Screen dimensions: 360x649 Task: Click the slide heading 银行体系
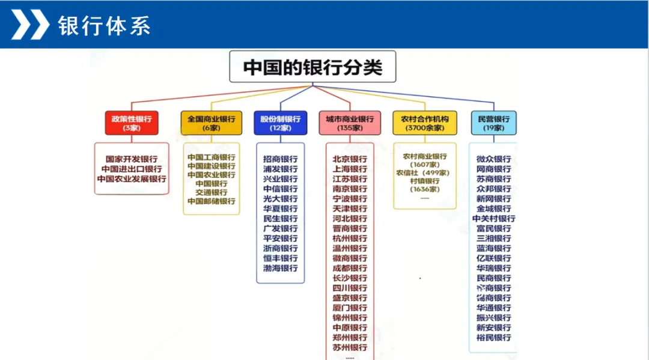pos(104,26)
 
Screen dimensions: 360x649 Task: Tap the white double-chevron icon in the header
pos(30,25)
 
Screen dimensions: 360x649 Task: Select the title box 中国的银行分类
pos(312,67)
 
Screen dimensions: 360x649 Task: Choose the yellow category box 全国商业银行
pos(211,123)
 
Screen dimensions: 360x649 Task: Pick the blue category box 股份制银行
pos(280,123)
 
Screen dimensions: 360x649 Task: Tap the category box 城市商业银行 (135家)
pos(349,123)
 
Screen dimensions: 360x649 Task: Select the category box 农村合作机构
pos(424,123)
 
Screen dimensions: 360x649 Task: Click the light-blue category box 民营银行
pos(493,123)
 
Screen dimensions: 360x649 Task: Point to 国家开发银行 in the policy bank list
pos(132,159)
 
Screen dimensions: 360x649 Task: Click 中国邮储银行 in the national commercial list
pos(211,201)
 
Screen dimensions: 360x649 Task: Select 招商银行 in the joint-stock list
pos(280,159)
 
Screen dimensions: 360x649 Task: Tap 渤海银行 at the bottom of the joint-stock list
pos(280,268)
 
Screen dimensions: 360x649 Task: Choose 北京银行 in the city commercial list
pos(350,159)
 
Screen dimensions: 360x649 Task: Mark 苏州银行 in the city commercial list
pos(350,347)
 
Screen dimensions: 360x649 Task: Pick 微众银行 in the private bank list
pos(493,159)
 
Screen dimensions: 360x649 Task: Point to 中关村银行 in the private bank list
pos(493,219)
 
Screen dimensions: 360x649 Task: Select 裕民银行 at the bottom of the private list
pos(493,337)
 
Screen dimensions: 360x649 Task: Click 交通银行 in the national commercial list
pos(211,192)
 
